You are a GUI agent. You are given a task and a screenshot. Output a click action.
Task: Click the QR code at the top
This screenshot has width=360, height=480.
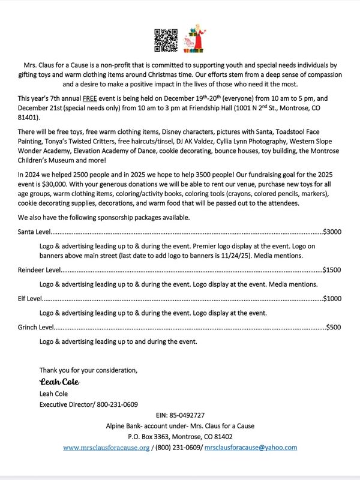pyautogui.click(x=166, y=39)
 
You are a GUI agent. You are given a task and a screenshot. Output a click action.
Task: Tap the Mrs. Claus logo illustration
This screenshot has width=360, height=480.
pyautogui.click(x=196, y=39)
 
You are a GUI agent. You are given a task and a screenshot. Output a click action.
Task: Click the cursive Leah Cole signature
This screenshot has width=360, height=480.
pyautogui.click(x=59, y=382)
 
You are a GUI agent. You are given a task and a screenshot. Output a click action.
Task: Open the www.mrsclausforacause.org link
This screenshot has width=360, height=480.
pyautogui.click(x=106, y=448)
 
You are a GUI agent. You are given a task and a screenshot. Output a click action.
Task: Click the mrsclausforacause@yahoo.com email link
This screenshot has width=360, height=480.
pyautogui.click(x=251, y=448)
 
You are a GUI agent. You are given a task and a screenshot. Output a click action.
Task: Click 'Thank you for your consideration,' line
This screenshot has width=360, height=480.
pyautogui.click(x=88, y=369)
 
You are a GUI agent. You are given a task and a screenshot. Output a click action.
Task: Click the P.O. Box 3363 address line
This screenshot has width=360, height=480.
pyautogui.click(x=180, y=437)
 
